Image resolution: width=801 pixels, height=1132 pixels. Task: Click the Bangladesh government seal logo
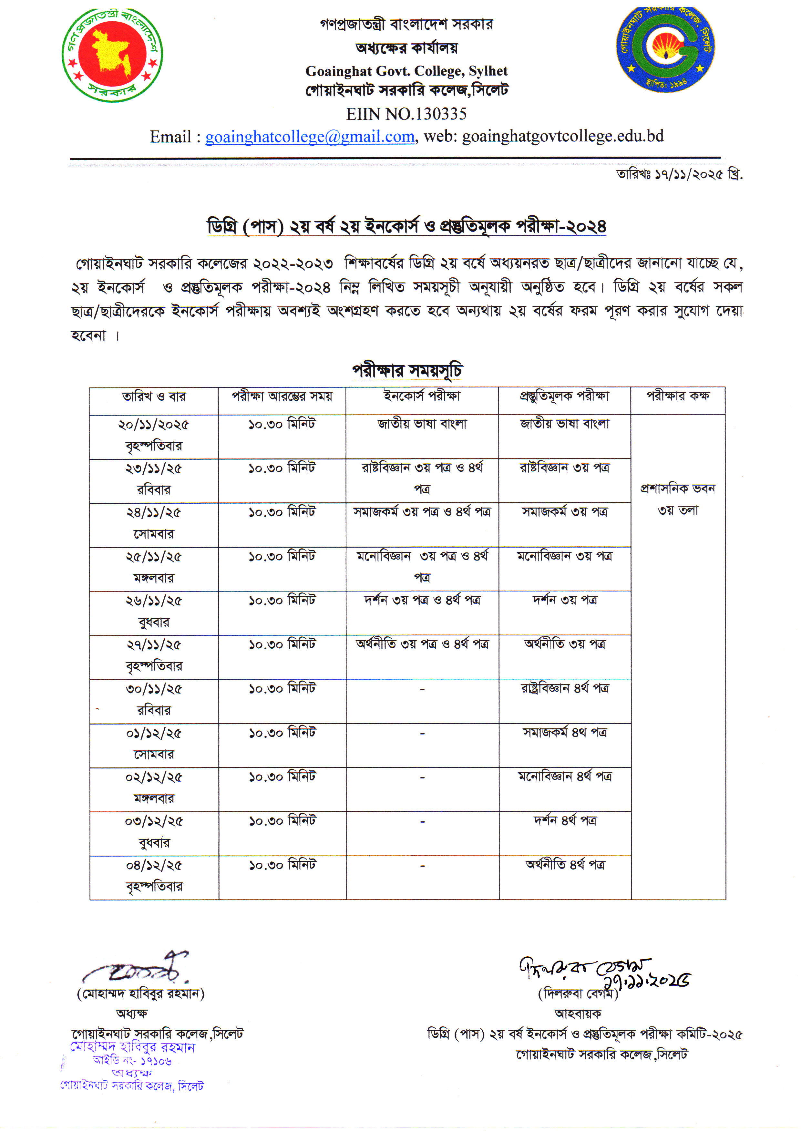pos(112,55)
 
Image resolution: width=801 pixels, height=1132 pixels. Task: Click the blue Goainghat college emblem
pos(665,49)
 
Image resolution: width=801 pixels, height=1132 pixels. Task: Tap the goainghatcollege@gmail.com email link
pos(310,137)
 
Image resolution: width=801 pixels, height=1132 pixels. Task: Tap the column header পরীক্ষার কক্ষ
pos(678,396)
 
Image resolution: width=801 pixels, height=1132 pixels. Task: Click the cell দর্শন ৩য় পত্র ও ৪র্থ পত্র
pos(422,600)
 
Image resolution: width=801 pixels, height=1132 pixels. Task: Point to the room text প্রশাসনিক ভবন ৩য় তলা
pos(678,499)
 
